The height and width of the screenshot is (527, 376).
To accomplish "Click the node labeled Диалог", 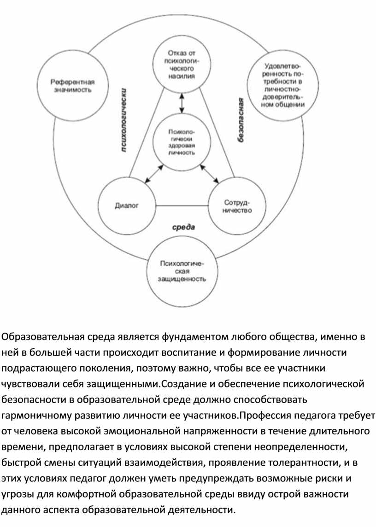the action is (x=127, y=205).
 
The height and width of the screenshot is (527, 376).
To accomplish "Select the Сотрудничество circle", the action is (x=237, y=206).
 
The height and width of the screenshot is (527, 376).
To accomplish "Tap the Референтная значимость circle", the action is (x=73, y=85).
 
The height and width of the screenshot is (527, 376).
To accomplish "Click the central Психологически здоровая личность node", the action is (x=182, y=142).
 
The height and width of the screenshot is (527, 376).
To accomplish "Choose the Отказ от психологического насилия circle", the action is (x=182, y=64).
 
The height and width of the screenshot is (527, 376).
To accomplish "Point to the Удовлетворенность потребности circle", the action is (x=283, y=85).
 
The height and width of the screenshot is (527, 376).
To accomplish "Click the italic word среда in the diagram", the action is (x=184, y=228).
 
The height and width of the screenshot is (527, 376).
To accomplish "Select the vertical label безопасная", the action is (x=241, y=120).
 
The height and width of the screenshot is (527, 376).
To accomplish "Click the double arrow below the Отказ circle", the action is (x=182, y=103).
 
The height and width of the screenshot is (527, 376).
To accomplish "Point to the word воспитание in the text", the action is (x=188, y=352).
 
